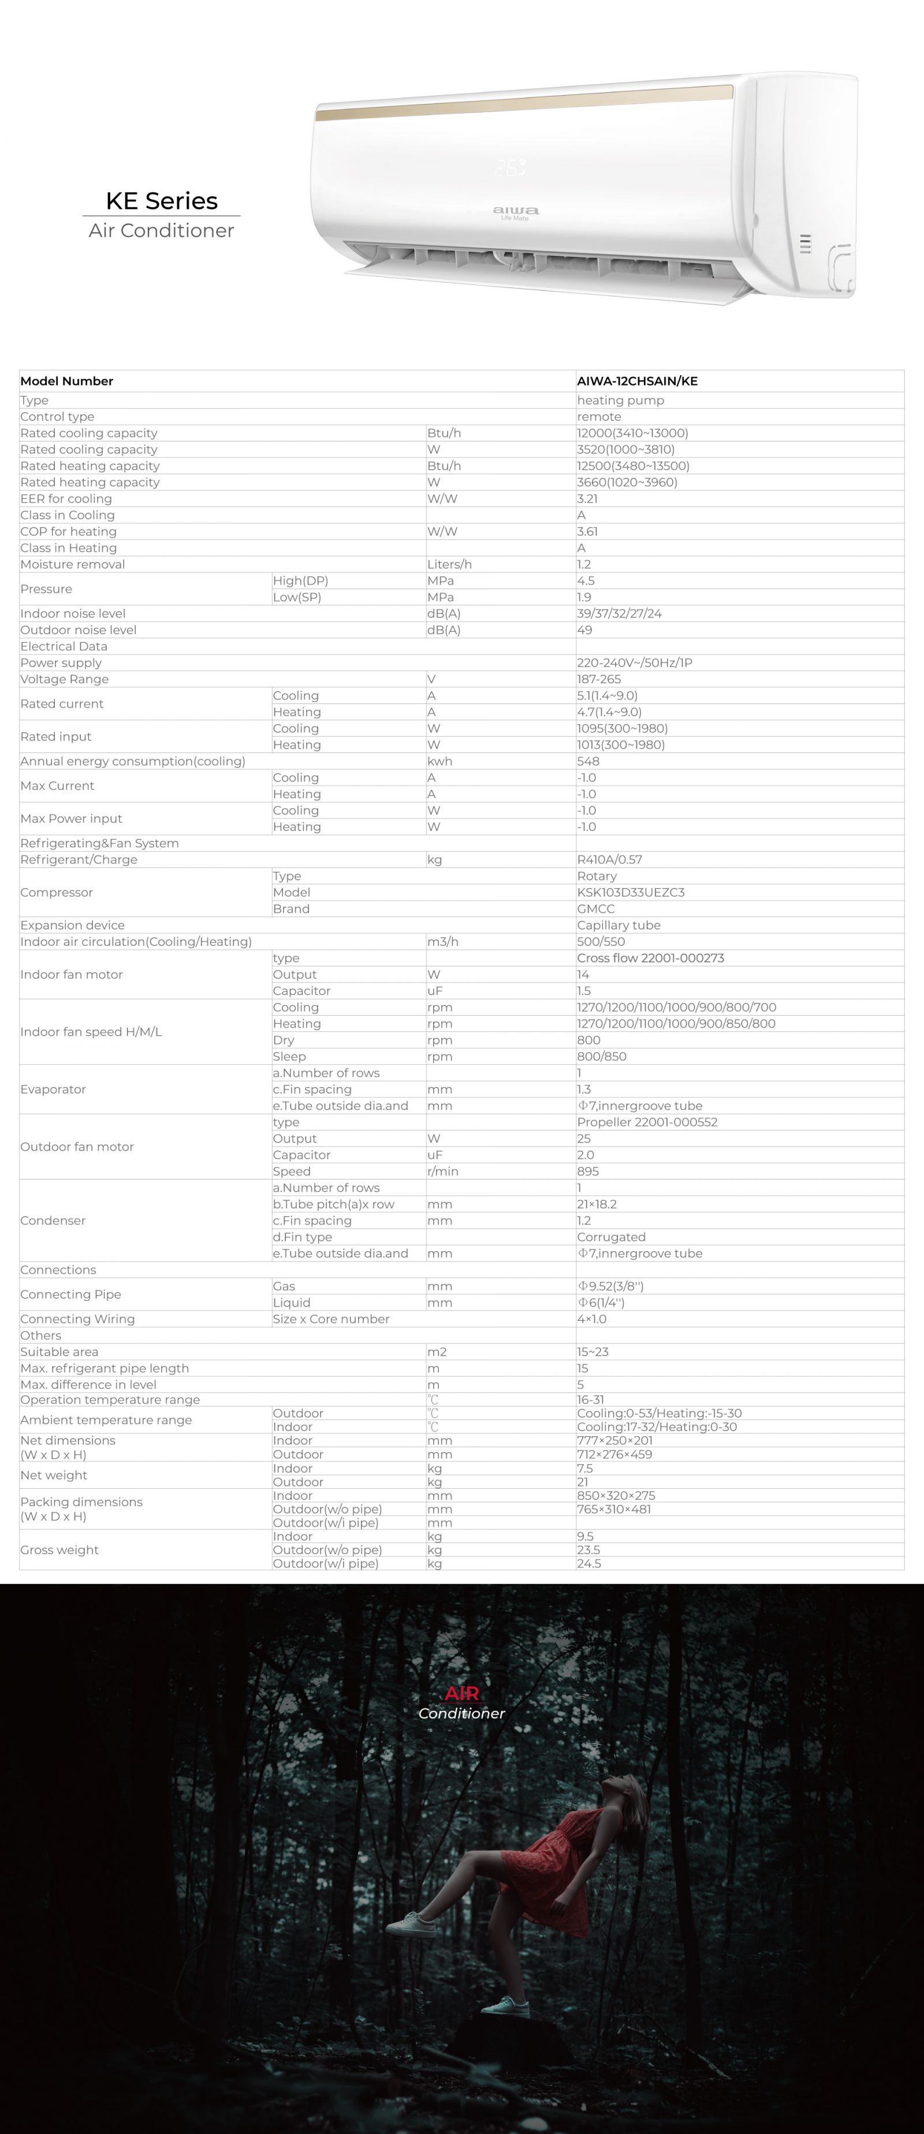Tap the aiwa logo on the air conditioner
[516, 211]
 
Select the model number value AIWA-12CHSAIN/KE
[637, 381]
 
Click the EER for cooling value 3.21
[587, 499]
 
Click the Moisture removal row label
[73, 565]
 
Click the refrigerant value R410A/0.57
[609, 860]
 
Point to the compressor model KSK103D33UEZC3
[631, 892]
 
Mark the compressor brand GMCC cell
[596, 909]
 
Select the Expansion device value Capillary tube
[618, 926]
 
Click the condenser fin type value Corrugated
[611, 1237]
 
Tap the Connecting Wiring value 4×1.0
[592, 1319]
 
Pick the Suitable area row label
[59, 1352]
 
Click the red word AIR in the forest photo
[461, 1693]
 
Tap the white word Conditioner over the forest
[461, 1713]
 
